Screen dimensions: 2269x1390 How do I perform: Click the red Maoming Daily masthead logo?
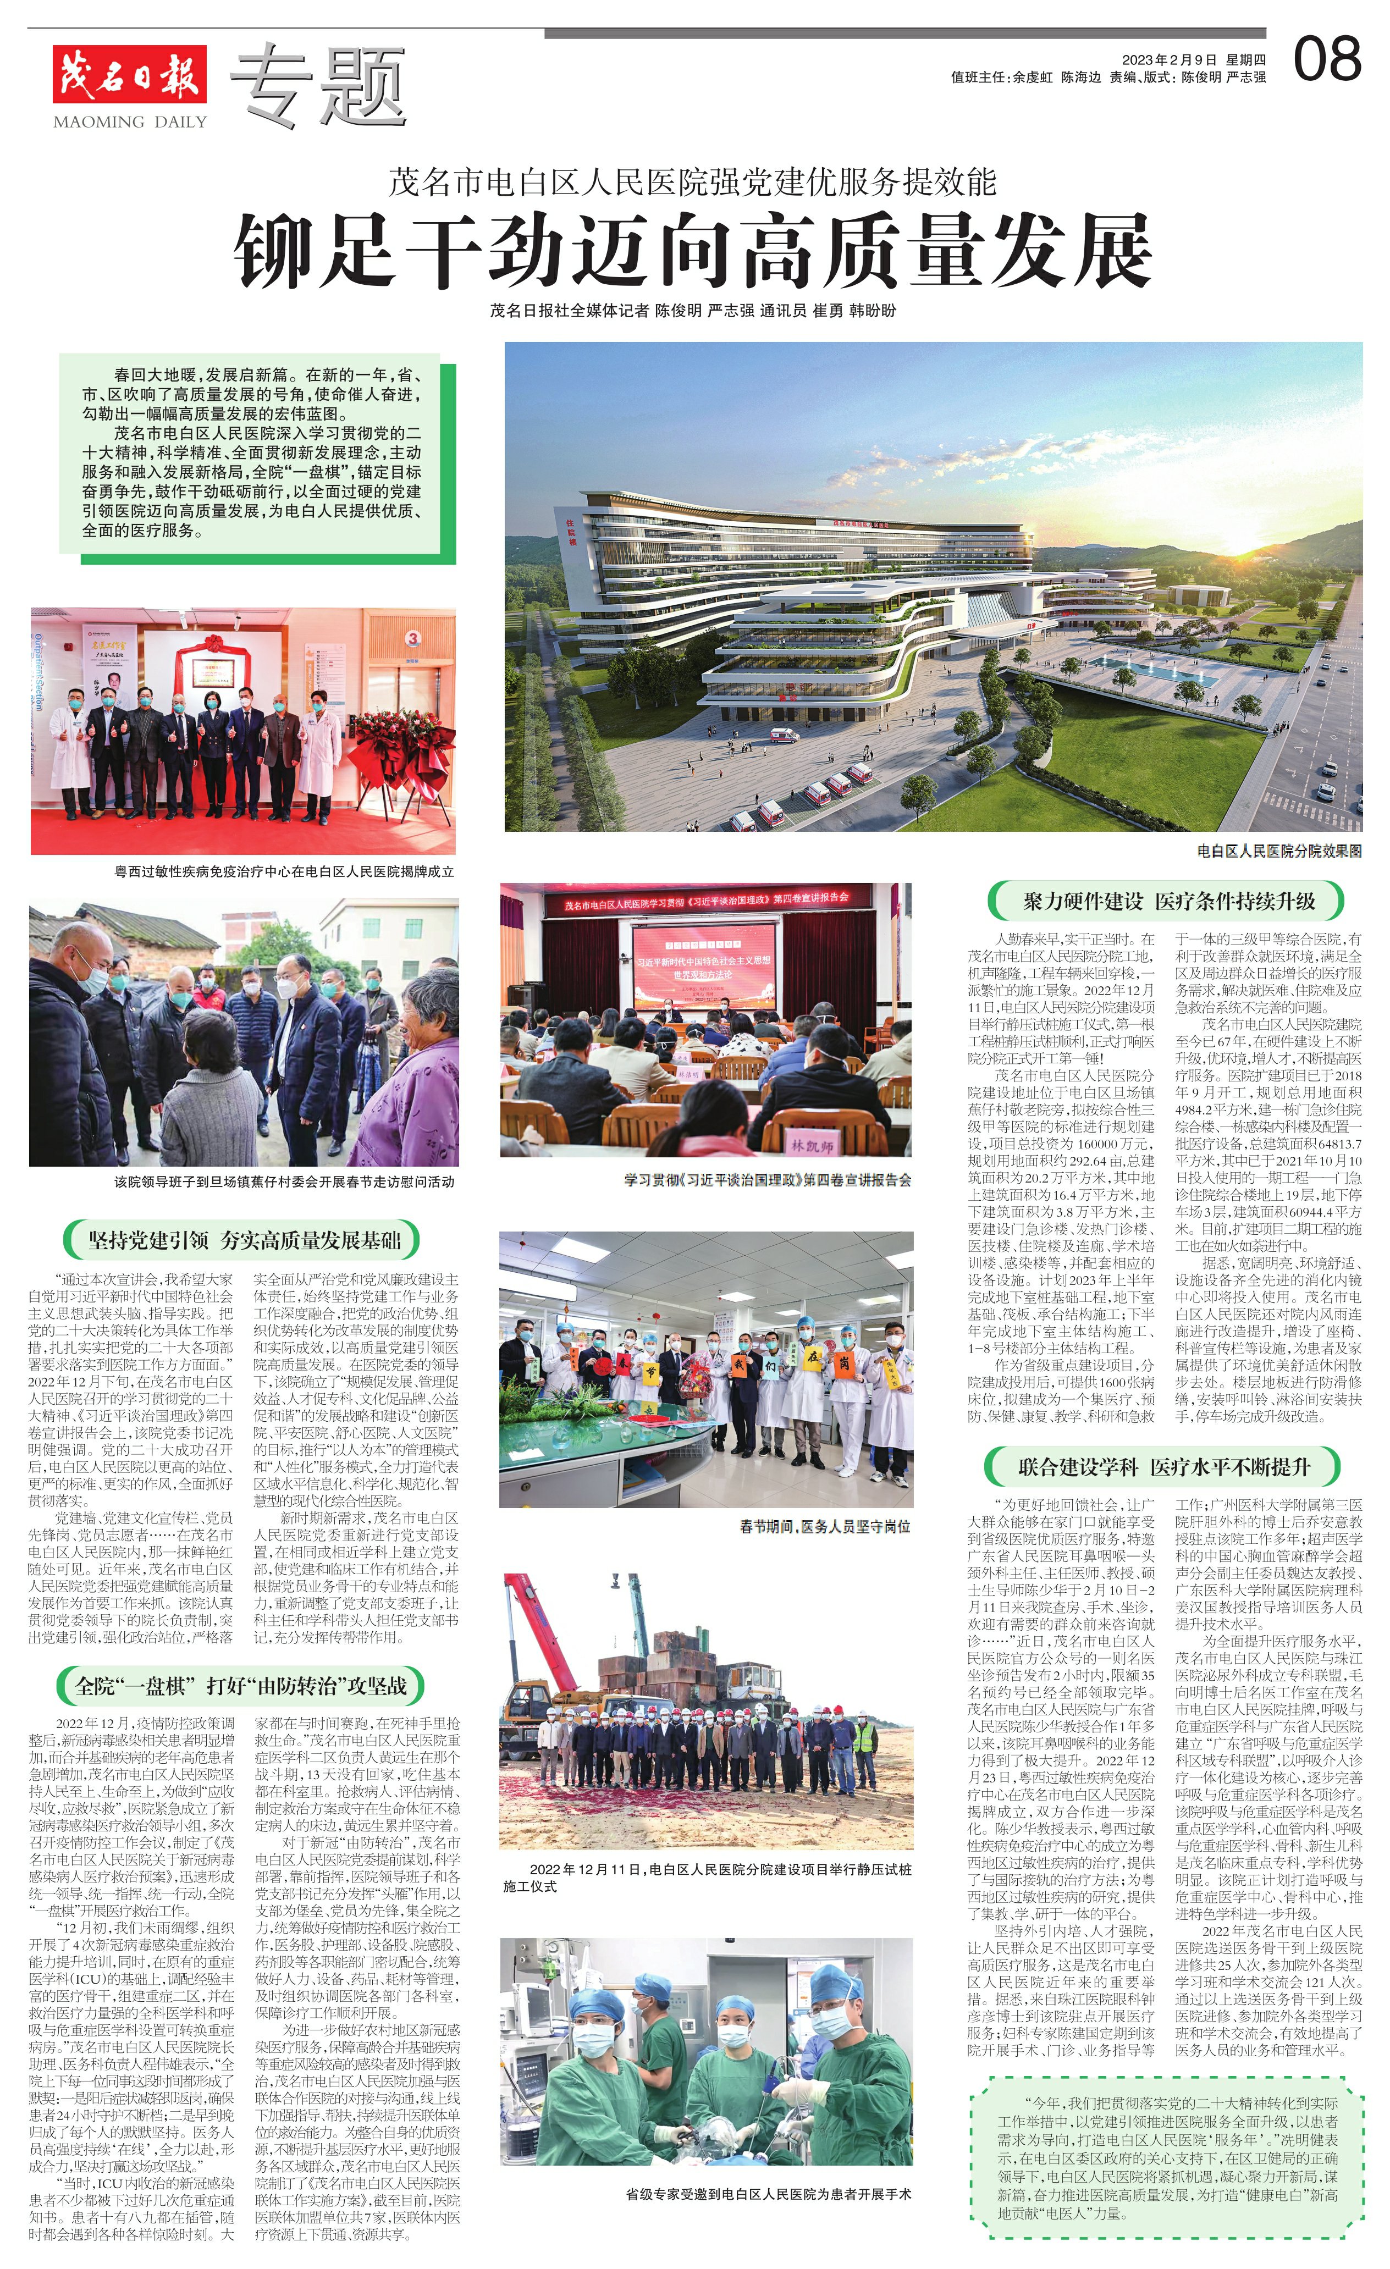click(129, 74)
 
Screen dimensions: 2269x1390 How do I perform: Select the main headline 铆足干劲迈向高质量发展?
click(693, 251)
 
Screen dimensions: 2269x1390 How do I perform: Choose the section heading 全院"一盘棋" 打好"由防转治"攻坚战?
click(240, 1686)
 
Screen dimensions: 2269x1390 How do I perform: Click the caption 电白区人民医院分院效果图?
click(1278, 851)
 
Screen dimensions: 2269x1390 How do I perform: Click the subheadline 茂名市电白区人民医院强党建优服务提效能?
click(693, 183)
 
